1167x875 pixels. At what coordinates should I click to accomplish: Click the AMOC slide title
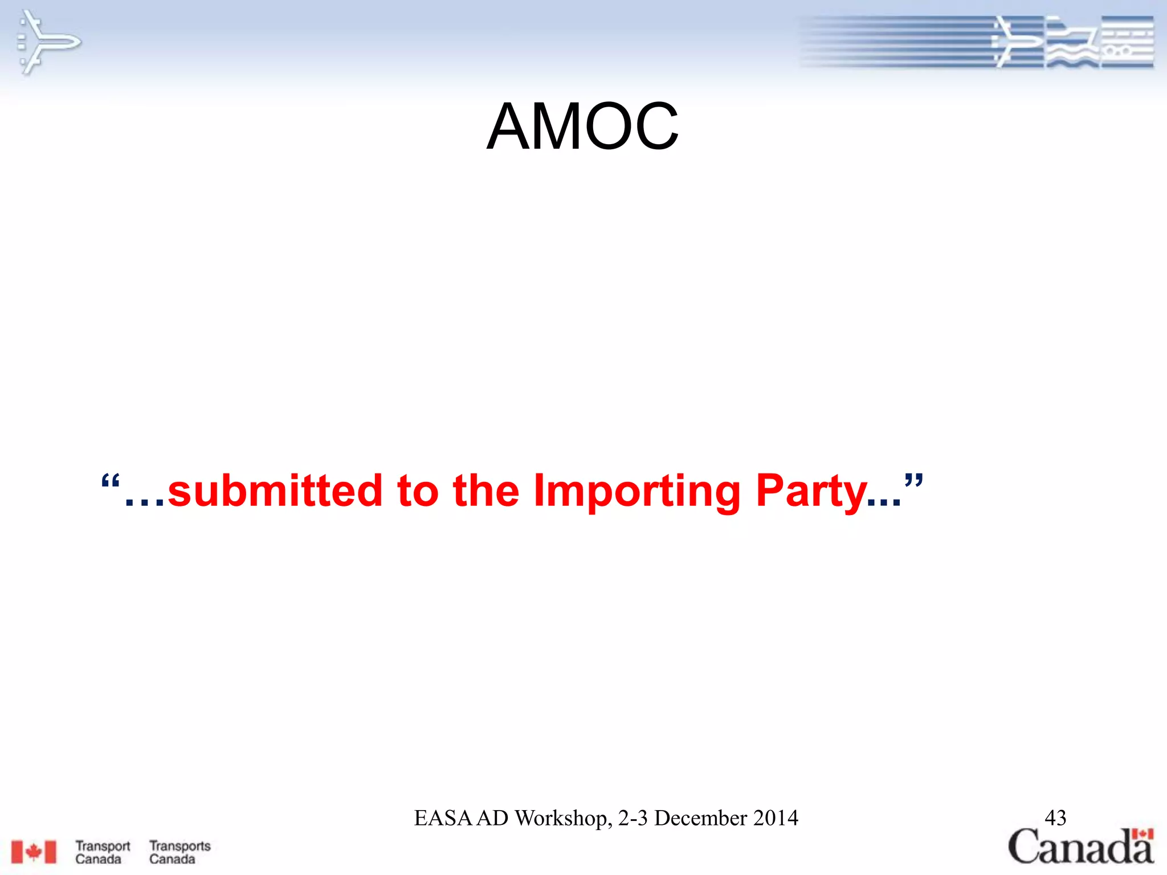582,126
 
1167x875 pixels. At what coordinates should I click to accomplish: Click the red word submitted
275,490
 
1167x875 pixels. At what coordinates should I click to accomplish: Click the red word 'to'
418,490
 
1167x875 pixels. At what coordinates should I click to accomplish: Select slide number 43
1055,818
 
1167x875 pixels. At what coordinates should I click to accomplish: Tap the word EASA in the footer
443,818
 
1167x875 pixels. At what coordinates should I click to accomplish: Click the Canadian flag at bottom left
34,852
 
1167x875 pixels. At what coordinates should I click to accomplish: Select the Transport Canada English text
103,852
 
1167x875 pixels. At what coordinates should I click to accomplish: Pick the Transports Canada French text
179,852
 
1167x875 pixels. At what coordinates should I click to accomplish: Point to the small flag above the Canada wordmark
1142,834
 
